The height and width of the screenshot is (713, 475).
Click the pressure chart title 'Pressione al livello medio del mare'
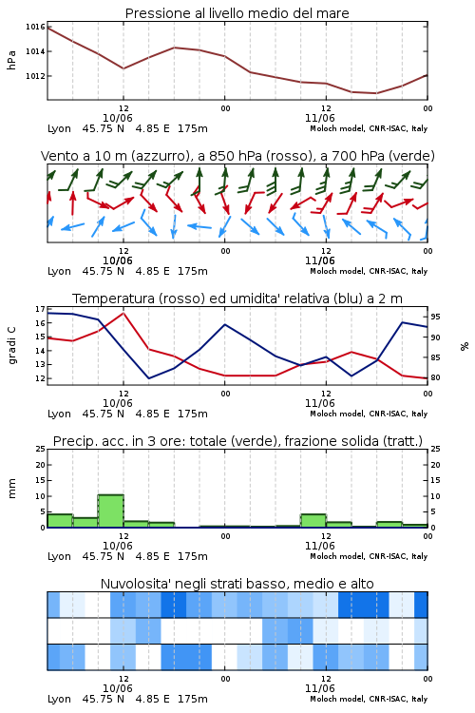coord(237,13)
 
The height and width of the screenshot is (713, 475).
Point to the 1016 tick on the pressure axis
coord(35,27)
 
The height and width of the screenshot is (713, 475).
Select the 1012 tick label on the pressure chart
coord(35,76)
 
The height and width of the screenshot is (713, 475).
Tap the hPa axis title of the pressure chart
coord(11,60)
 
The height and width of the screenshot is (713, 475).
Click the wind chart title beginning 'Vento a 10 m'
coord(237,156)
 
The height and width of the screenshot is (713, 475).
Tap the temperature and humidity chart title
coord(237,299)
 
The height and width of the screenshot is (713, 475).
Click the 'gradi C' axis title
coord(11,346)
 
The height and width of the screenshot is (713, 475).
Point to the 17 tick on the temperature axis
coord(40,309)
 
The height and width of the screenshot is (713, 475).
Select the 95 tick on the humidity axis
coord(435,317)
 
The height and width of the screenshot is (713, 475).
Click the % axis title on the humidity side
coord(465,346)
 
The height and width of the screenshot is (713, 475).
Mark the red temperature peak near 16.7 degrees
coord(123,313)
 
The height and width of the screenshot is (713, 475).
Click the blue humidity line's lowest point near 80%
coord(148,378)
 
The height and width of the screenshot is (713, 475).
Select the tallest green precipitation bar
coord(110,511)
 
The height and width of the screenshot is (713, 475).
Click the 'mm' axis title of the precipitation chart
coord(11,489)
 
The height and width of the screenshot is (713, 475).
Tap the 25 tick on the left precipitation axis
coord(40,449)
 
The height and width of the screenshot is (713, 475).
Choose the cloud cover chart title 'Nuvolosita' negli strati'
coord(237,584)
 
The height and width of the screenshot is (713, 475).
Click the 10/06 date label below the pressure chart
coord(118,118)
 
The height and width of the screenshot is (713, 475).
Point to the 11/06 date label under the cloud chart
coord(319,688)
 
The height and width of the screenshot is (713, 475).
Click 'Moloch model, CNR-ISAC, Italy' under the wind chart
coord(369,271)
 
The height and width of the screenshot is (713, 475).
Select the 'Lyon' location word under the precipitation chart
coord(60,556)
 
